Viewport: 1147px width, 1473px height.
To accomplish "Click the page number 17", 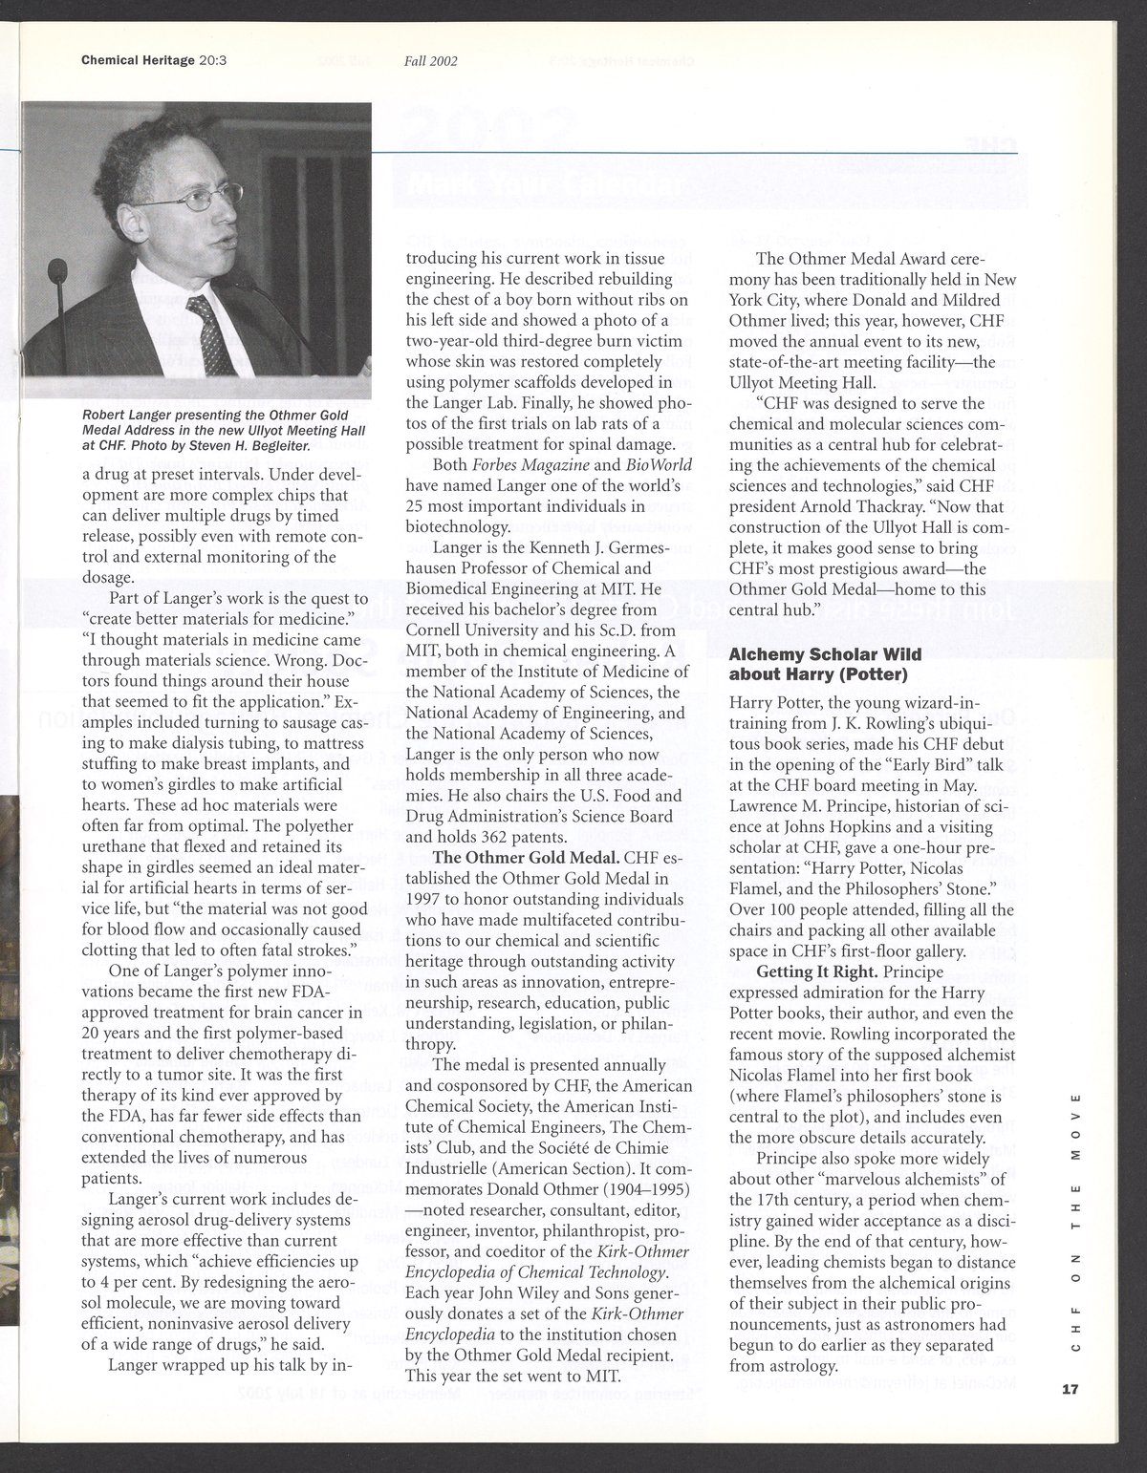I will pos(1069,1390).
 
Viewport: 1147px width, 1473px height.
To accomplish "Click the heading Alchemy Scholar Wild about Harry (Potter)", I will pos(818,663).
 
